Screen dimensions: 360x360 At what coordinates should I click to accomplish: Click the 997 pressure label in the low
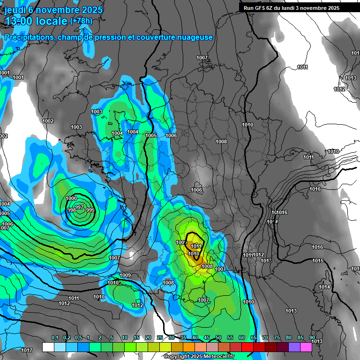[x=79, y=207]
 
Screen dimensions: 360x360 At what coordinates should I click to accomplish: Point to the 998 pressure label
[x=72, y=210]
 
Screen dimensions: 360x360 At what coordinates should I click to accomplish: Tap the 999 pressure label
[x=90, y=210]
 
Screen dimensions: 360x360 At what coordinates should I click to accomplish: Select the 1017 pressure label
[x=27, y=351]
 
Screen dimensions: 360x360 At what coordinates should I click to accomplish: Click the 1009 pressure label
[x=125, y=275]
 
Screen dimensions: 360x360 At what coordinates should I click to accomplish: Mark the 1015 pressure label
[x=318, y=261]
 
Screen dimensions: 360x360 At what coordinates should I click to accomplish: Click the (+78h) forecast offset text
[x=81, y=21]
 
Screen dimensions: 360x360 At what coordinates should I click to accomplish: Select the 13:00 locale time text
[x=36, y=21]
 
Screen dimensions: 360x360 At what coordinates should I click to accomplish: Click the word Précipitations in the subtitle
[x=28, y=37]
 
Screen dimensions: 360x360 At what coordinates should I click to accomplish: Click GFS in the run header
[x=265, y=8]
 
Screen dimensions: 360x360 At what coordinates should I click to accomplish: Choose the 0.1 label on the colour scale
[x=54, y=337]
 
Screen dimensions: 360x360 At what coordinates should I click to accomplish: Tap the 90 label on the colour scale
[x=312, y=337]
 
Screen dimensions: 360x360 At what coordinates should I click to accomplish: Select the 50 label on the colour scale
[x=218, y=337]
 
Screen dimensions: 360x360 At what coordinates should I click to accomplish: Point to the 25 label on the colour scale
[x=160, y=337]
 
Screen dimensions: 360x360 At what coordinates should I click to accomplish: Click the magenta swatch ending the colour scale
[x=306, y=347]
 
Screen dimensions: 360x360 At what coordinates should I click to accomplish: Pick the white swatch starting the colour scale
[x=48, y=347]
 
